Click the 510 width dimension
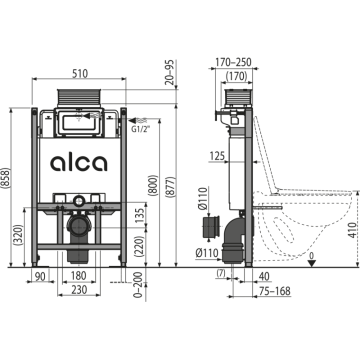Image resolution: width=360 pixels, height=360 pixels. click(x=80, y=73)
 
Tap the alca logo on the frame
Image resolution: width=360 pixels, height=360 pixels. click(x=79, y=163)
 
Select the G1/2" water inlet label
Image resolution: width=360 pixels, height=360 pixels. click(x=140, y=129)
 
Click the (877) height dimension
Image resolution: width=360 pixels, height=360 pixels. click(x=170, y=187)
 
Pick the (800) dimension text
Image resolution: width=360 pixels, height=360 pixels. click(x=153, y=185)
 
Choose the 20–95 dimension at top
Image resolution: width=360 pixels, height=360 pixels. click(x=169, y=72)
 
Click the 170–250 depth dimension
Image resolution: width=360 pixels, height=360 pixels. click(x=233, y=62)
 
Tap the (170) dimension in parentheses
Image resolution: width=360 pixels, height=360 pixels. click(x=236, y=76)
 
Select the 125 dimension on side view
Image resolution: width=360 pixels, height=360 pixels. click(x=217, y=156)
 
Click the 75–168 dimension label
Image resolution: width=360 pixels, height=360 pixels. click(x=275, y=291)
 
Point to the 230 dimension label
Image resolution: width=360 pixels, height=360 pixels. click(x=79, y=289)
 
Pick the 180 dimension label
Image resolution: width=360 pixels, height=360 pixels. click(x=78, y=275)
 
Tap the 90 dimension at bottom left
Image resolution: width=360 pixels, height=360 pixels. click(x=40, y=276)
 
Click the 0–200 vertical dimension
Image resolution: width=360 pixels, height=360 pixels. click(x=138, y=285)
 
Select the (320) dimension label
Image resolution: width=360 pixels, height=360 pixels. click(x=18, y=235)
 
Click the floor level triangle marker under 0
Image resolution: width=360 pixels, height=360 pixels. click(x=311, y=263)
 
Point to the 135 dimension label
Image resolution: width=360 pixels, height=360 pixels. click(x=139, y=215)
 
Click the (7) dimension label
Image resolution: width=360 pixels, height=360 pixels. click(x=221, y=273)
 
